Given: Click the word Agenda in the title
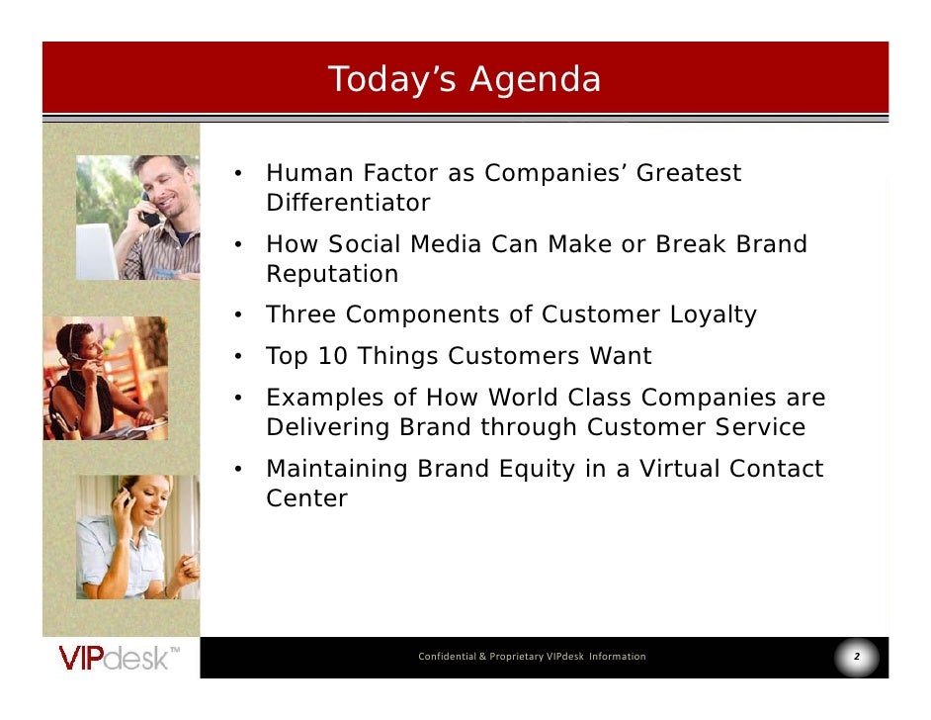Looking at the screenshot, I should (535, 79).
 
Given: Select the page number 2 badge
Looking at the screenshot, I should (856, 657).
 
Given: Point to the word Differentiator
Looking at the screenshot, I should (348, 204).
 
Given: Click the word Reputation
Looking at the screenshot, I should (332, 274).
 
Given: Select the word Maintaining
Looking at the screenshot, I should (337, 469).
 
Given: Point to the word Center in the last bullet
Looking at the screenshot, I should (306, 498).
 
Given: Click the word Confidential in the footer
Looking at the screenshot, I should (446, 657).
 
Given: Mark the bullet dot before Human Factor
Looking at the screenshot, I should (238, 175).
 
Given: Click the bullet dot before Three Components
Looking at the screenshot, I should (238, 316).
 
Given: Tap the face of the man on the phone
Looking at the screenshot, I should (163, 183).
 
